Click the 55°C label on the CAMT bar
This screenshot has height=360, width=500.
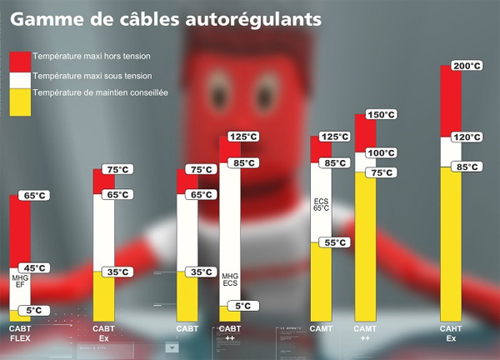pyautogui.click(x=335, y=242)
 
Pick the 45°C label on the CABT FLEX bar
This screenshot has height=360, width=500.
pyautogui.click(x=36, y=267)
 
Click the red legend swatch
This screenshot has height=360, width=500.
pyautogui.click(x=20, y=61)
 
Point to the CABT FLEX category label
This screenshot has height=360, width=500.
pyautogui.click(x=20, y=333)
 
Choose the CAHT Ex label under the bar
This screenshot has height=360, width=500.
pyautogui.click(x=451, y=333)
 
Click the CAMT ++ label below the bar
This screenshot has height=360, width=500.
pyautogui.click(x=366, y=333)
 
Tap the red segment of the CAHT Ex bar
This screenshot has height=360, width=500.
pyautogui.click(x=451, y=100)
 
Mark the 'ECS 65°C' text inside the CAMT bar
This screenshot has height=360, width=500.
pyautogui.click(x=322, y=205)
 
